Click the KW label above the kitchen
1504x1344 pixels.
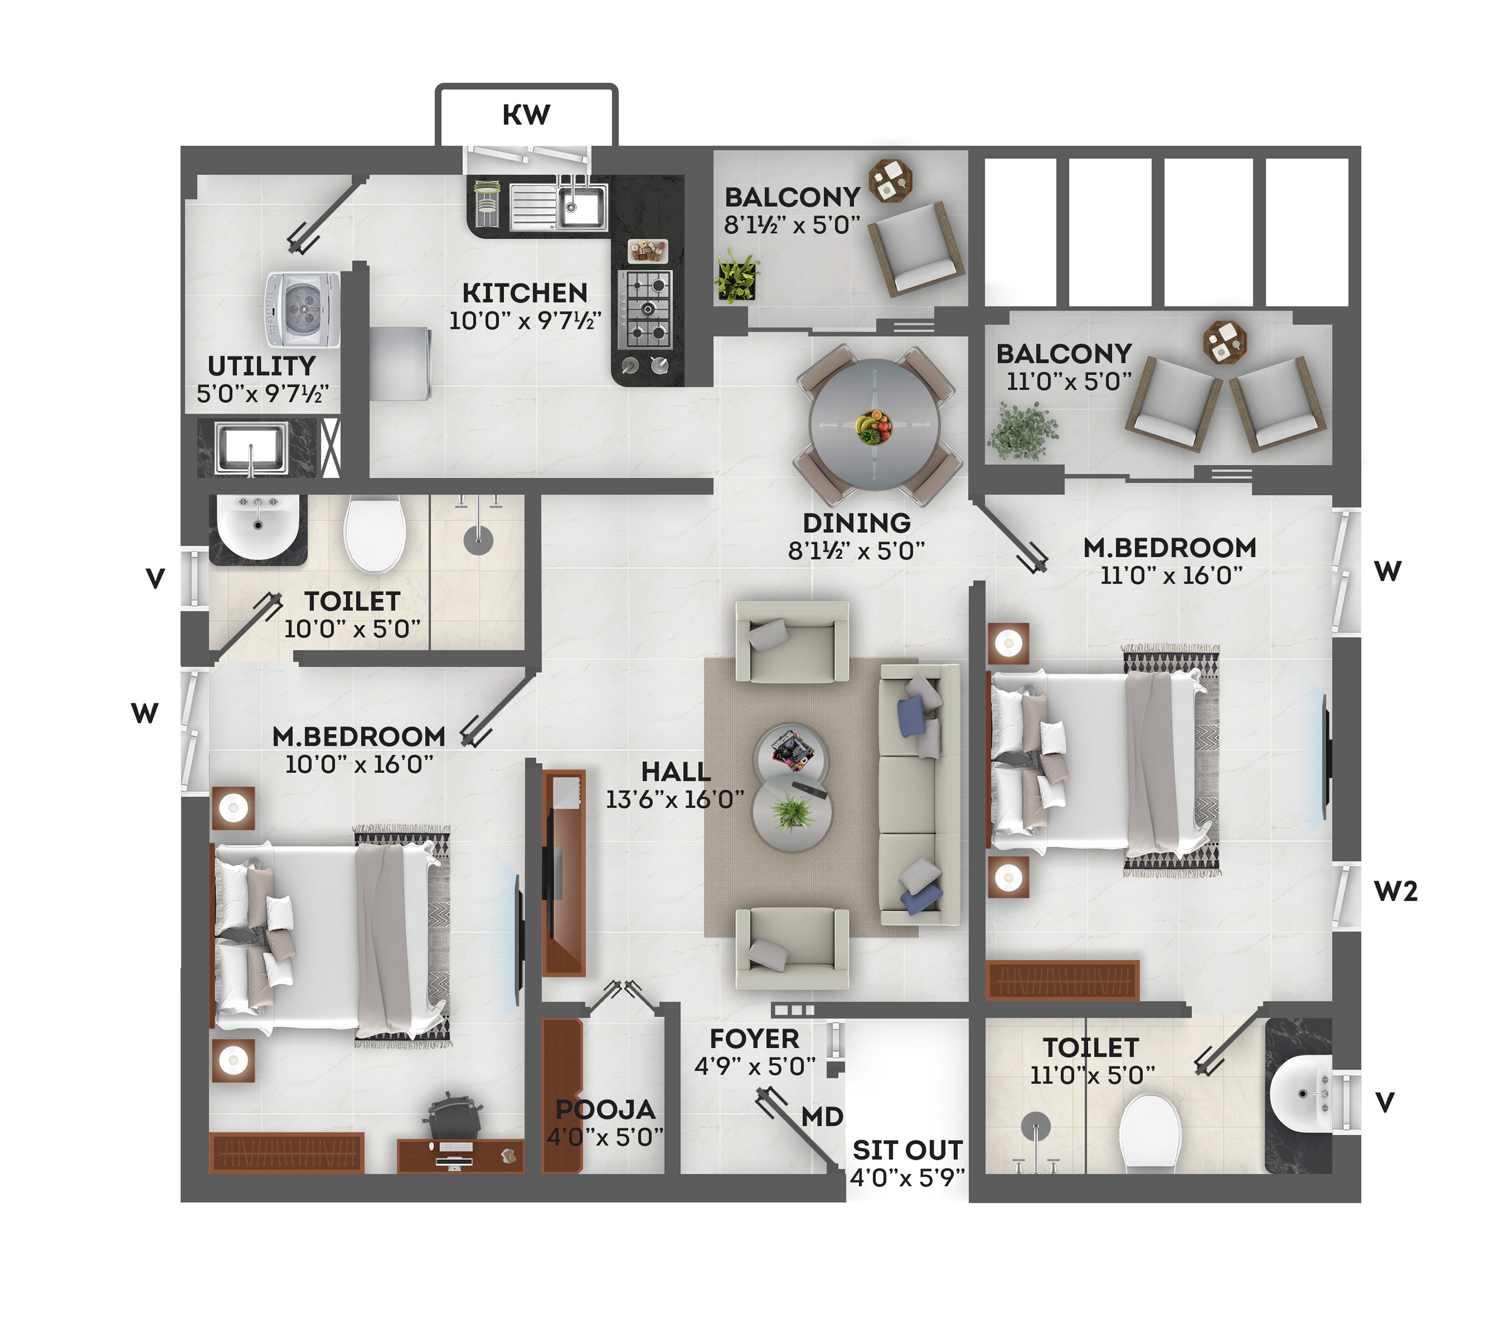click(x=526, y=114)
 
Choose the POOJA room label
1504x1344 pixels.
click(x=606, y=1109)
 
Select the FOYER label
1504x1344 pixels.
click(x=754, y=1039)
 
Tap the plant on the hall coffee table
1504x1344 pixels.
click(x=792, y=812)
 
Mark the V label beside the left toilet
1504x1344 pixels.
click(x=155, y=578)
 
